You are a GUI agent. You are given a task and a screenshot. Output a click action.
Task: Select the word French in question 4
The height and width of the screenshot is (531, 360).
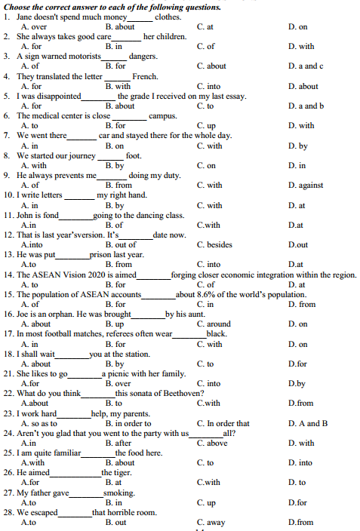[145, 76]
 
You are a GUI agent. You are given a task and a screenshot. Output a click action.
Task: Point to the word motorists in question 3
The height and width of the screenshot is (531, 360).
[82, 57]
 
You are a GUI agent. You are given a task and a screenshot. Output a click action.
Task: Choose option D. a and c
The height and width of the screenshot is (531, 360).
[306, 66]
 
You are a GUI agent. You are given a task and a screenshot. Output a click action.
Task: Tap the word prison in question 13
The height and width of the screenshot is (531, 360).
[100, 254]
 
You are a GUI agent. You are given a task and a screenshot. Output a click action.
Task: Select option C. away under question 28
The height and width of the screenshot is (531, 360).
[211, 522]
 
